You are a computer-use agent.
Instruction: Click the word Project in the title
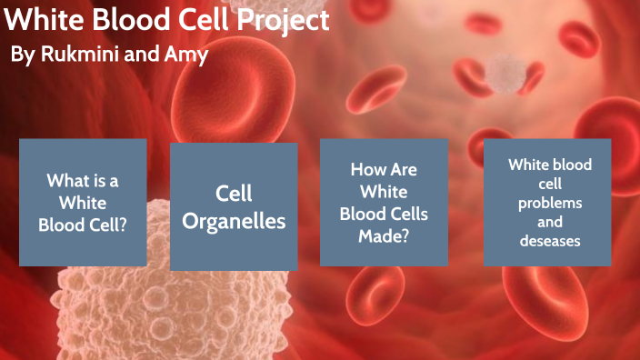(280, 21)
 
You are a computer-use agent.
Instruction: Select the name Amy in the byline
(188, 55)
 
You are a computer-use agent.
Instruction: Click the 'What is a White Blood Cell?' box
(83, 203)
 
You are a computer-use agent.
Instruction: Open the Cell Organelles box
(234, 206)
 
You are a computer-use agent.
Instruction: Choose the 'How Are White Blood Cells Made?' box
(384, 202)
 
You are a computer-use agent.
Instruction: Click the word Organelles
(234, 220)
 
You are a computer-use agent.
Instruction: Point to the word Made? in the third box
(384, 235)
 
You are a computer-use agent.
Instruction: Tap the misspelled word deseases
(549, 241)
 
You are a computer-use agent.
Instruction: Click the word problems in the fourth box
(550, 203)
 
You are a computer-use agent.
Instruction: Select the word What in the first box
(66, 181)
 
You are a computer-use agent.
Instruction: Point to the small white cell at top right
(503, 73)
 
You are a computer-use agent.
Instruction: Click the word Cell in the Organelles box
(234, 193)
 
